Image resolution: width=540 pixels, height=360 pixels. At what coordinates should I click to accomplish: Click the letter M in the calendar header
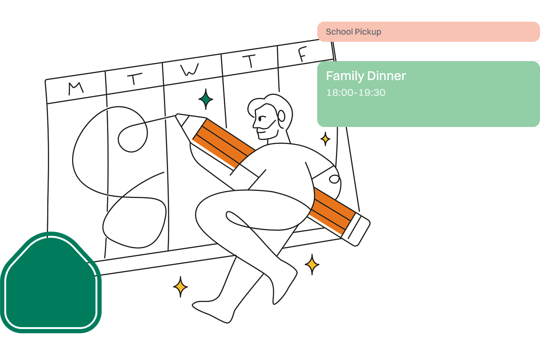point(76,88)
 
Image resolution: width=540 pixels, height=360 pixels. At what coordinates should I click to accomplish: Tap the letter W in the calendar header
point(190,70)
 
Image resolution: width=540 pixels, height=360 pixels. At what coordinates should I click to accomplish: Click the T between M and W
point(134,79)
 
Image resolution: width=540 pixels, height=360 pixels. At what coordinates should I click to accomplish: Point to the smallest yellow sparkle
point(325,139)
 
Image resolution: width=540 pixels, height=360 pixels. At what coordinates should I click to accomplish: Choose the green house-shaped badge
point(50,283)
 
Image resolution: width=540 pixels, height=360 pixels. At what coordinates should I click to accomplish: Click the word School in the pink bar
point(339,32)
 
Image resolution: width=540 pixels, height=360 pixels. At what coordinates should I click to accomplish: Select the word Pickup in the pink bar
point(368,32)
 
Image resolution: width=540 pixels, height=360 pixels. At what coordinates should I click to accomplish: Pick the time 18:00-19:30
point(356,93)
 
